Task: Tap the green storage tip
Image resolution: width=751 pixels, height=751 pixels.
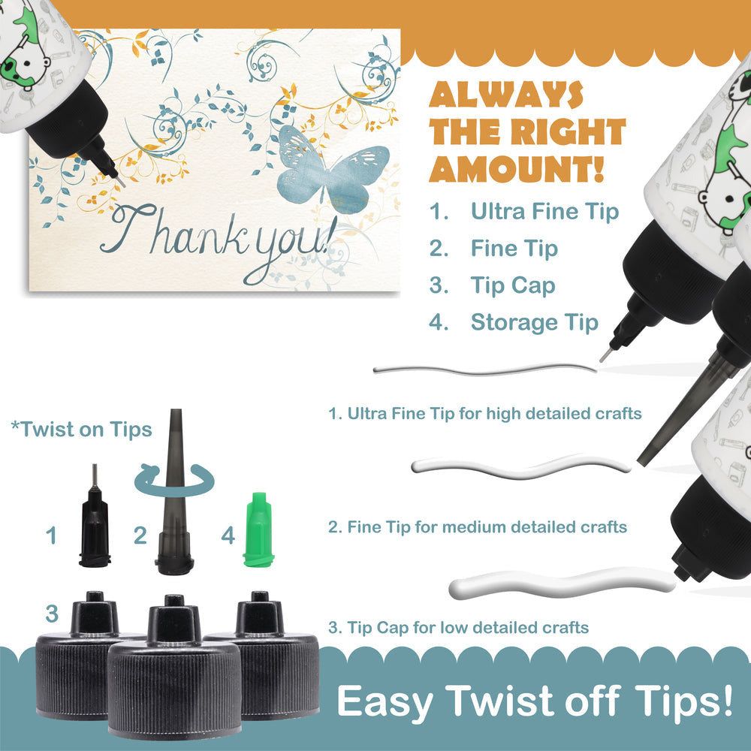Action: point(258,529)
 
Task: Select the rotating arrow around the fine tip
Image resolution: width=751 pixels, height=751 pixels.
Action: point(173,481)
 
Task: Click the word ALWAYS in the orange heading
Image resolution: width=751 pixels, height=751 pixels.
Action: point(505,95)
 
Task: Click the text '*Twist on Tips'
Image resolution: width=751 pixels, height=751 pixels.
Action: point(81,429)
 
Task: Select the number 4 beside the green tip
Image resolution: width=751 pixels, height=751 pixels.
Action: point(228,535)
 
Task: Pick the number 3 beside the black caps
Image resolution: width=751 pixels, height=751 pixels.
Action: point(52,614)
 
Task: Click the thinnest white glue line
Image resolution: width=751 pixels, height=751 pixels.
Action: point(484,370)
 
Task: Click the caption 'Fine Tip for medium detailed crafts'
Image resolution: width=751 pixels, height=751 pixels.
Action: point(487,527)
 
